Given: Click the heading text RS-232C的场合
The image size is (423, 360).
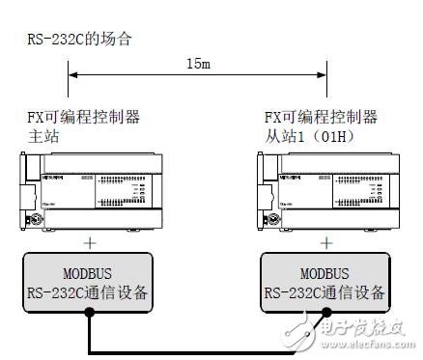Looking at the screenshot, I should (x=78, y=41).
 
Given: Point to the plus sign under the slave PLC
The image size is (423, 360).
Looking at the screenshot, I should (x=325, y=242).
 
